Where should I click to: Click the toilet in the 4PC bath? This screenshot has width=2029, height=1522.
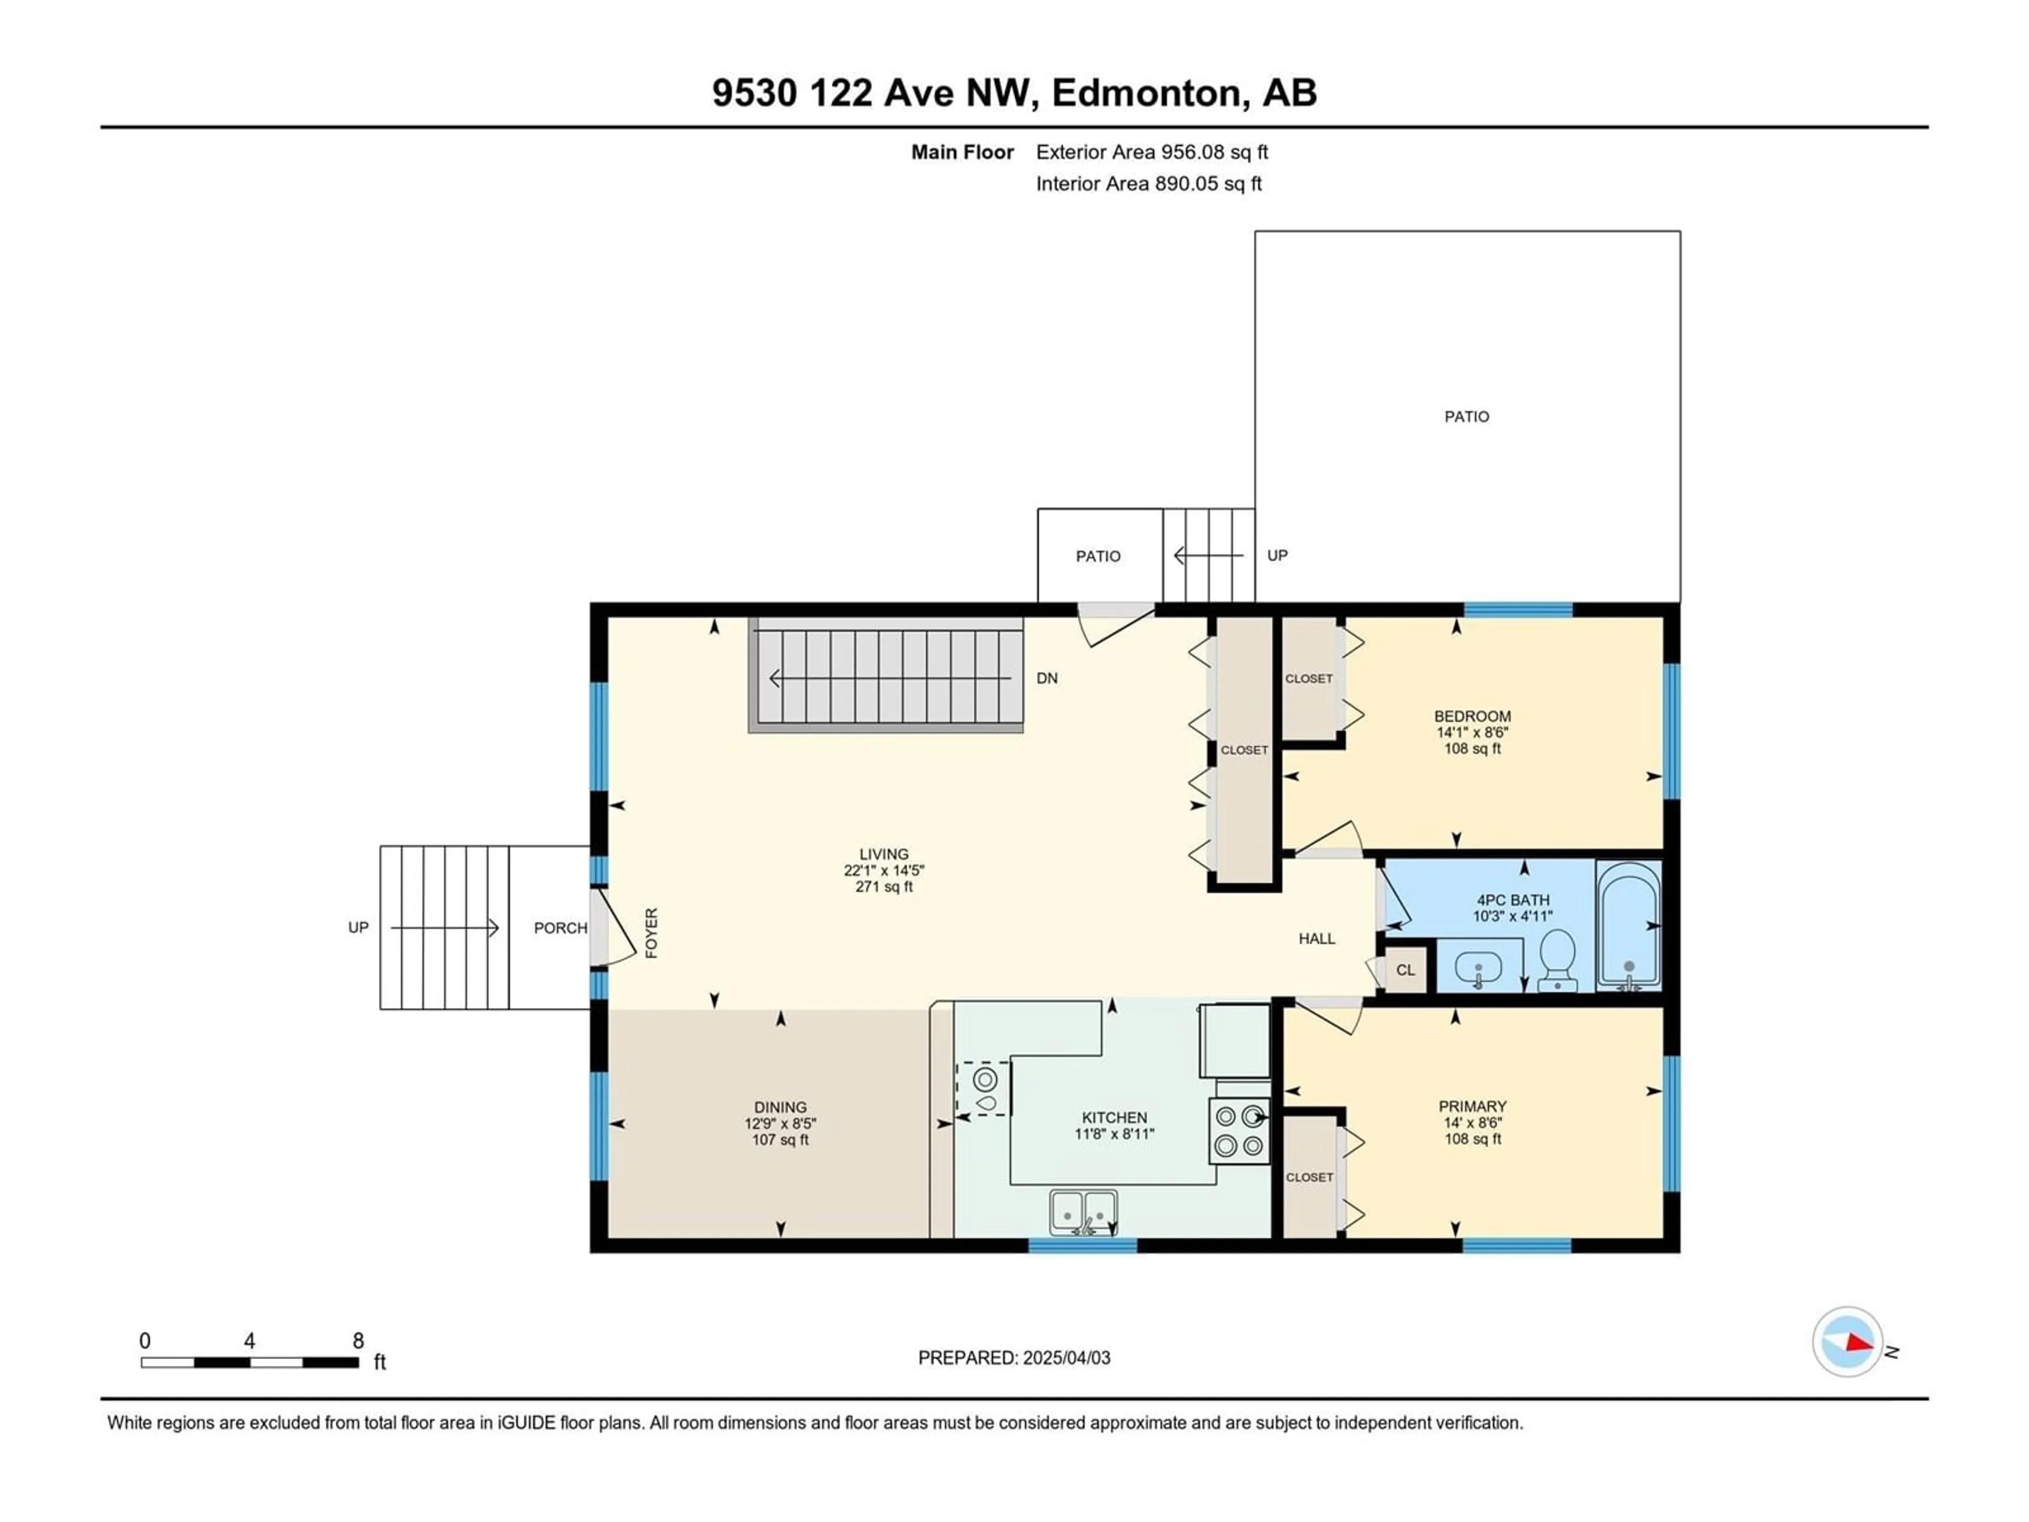(x=1557, y=960)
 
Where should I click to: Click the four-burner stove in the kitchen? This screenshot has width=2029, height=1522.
(x=1239, y=1131)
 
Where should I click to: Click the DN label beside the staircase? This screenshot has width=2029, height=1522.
(x=1047, y=678)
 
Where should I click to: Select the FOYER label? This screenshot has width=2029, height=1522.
(x=651, y=933)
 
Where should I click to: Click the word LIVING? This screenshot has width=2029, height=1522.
(x=883, y=854)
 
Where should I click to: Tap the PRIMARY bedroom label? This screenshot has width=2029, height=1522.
(x=1472, y=1107)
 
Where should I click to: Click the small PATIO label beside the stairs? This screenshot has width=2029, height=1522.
(x=1098, y=556)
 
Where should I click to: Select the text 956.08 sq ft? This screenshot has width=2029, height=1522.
(x=1214, y=152)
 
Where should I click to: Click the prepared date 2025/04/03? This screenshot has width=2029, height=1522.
(x=1064, y=1358)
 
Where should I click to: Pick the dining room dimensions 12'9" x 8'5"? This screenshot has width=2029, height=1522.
(x=780, y=1123)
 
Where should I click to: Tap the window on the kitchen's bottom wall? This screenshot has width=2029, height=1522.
(x=1082, y=1245)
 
